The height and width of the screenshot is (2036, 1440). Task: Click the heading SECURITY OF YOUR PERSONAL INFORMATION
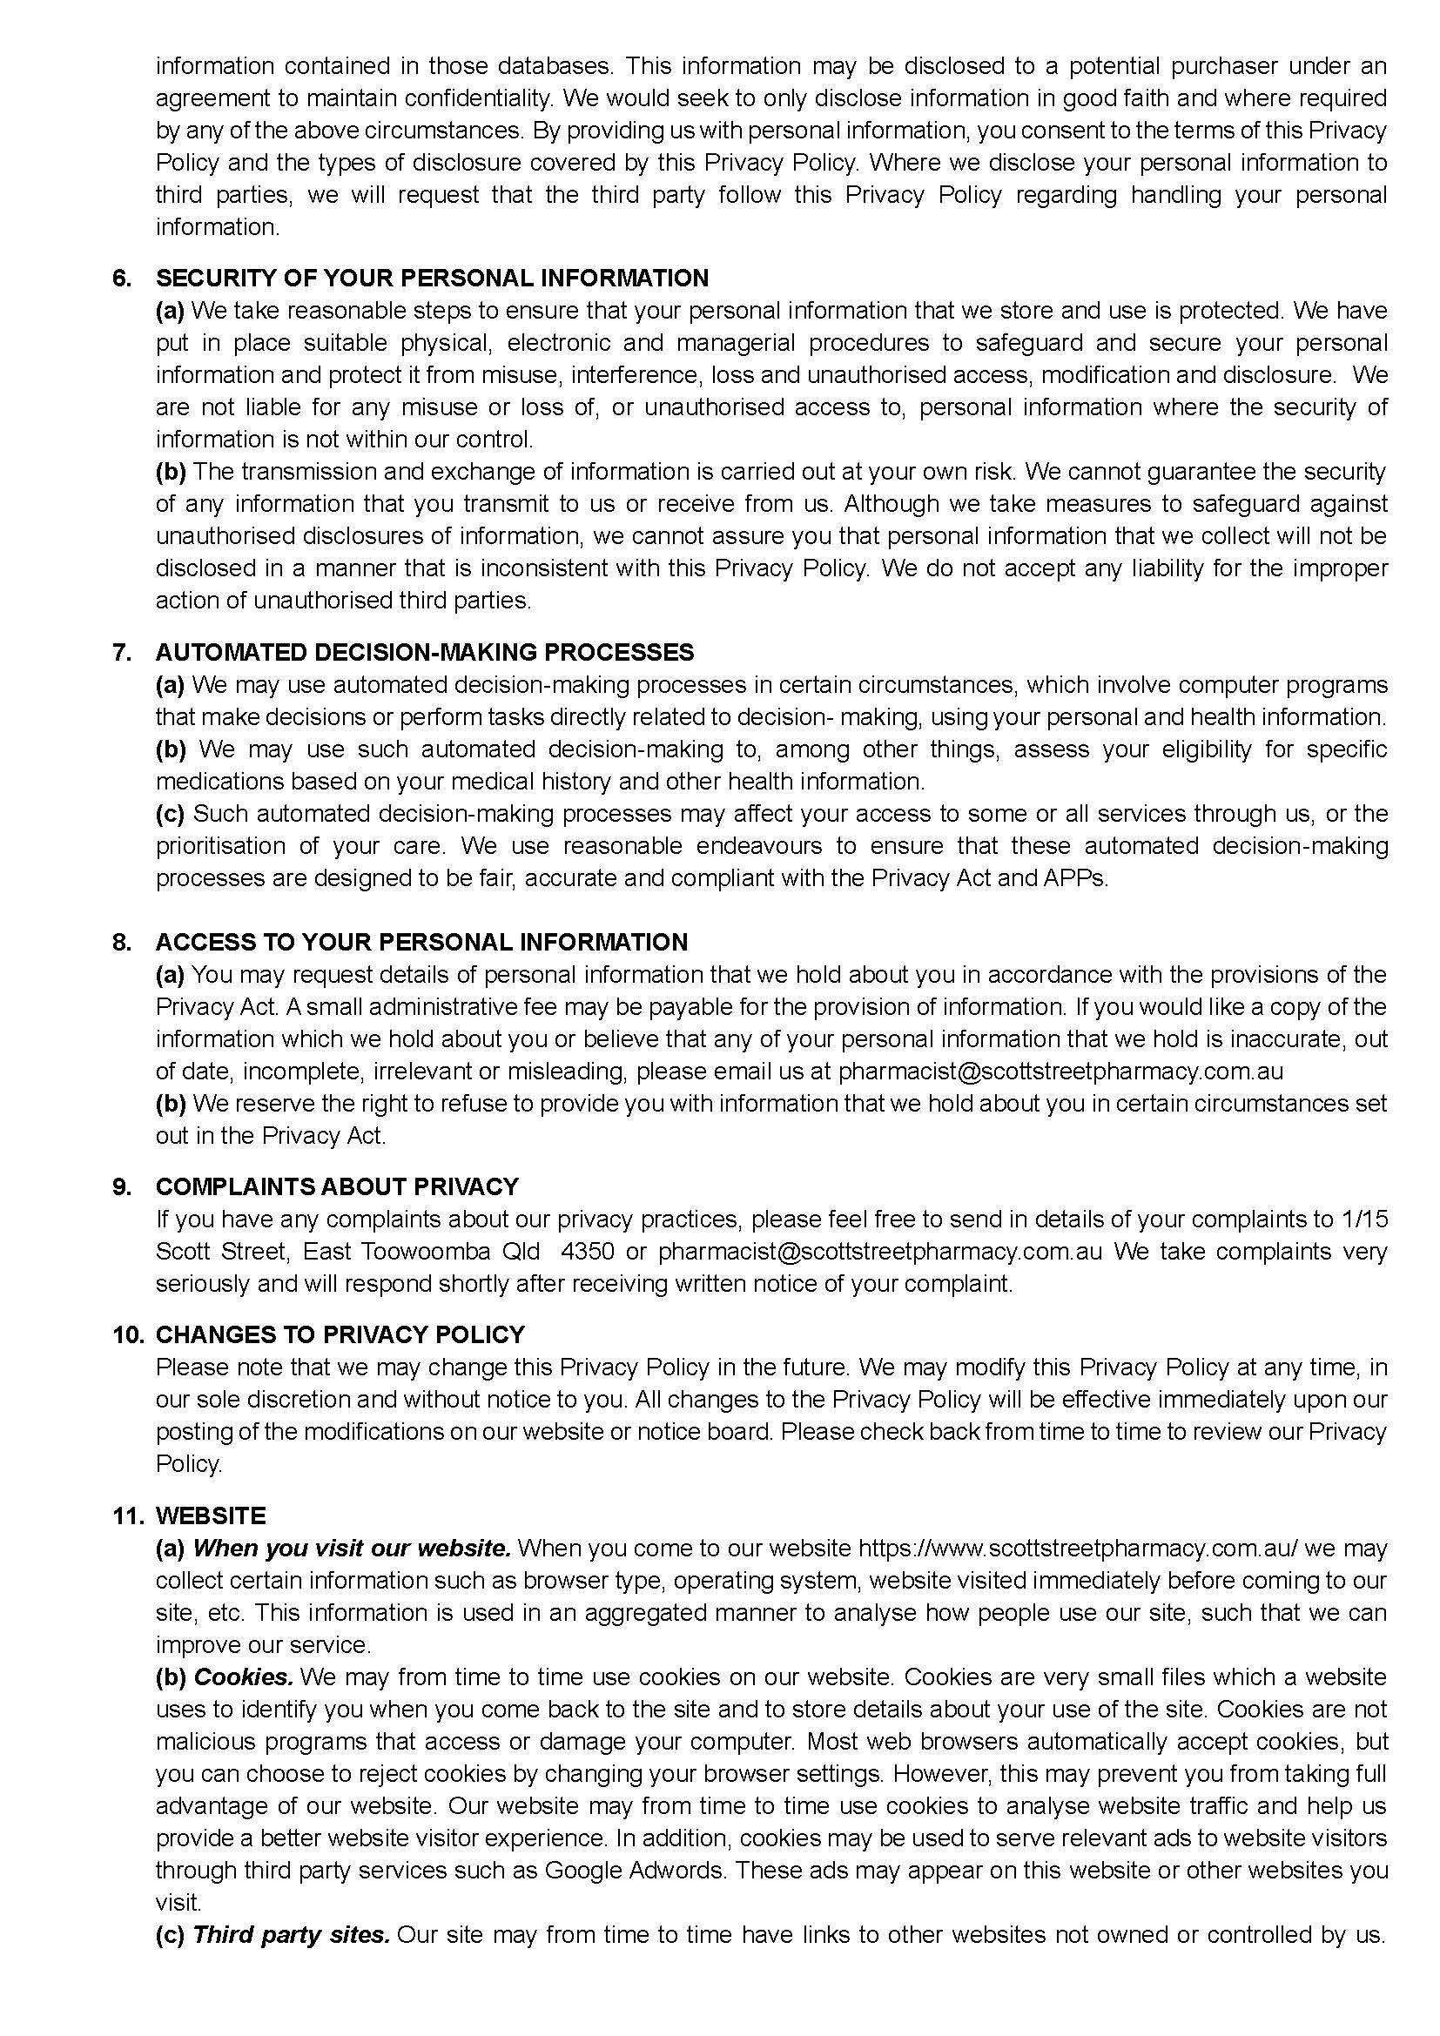[x=432, y=279]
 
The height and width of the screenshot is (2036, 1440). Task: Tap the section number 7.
[x=123, y=653]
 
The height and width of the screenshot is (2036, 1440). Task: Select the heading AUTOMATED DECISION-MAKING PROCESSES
[x=425, y=653]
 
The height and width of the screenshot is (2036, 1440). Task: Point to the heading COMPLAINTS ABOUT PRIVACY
[x=337, y=1186]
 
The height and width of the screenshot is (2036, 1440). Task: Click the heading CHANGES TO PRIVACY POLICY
[x=340, y=1334]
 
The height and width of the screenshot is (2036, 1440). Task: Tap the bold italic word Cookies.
[x=243, y=1677]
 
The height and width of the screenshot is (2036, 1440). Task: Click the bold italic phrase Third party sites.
[x=292, y=1934]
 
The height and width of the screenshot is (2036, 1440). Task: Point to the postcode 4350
[x=588, y=1251]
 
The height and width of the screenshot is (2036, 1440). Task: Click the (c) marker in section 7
[x=171, y=813]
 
